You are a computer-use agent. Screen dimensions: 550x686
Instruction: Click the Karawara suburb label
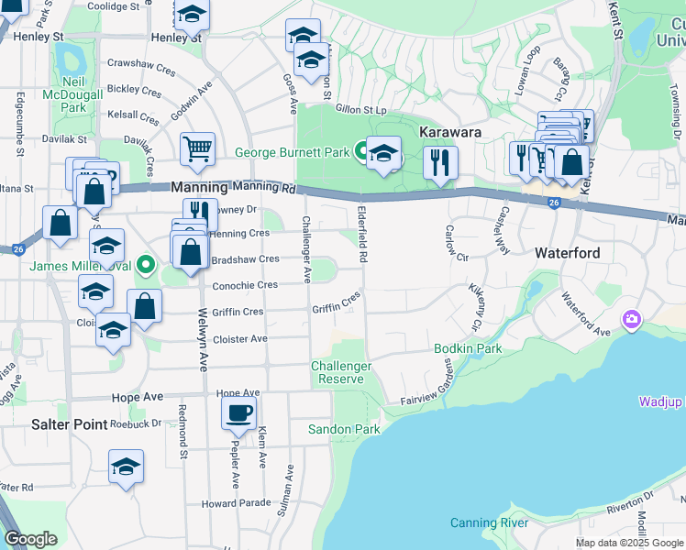point(451,132)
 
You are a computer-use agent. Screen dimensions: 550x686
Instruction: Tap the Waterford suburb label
point(567,253)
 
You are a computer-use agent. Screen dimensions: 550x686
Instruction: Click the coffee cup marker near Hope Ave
point(238,413)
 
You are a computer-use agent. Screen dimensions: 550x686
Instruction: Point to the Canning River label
point(489,522)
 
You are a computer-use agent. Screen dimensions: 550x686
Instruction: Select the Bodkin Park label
point(468,349)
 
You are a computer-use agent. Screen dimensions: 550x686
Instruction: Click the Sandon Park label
point(343,429)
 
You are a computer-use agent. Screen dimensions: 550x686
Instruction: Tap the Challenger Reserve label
point(341,372)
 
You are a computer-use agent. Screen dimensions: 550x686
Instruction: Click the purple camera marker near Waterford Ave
point(631,319)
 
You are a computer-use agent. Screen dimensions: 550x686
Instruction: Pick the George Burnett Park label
point(293,153)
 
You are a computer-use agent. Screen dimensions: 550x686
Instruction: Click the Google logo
point(31,539)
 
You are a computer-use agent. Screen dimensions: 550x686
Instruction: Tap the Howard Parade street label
point(237,503)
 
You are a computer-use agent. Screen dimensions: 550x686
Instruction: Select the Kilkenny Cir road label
point(476,307)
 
